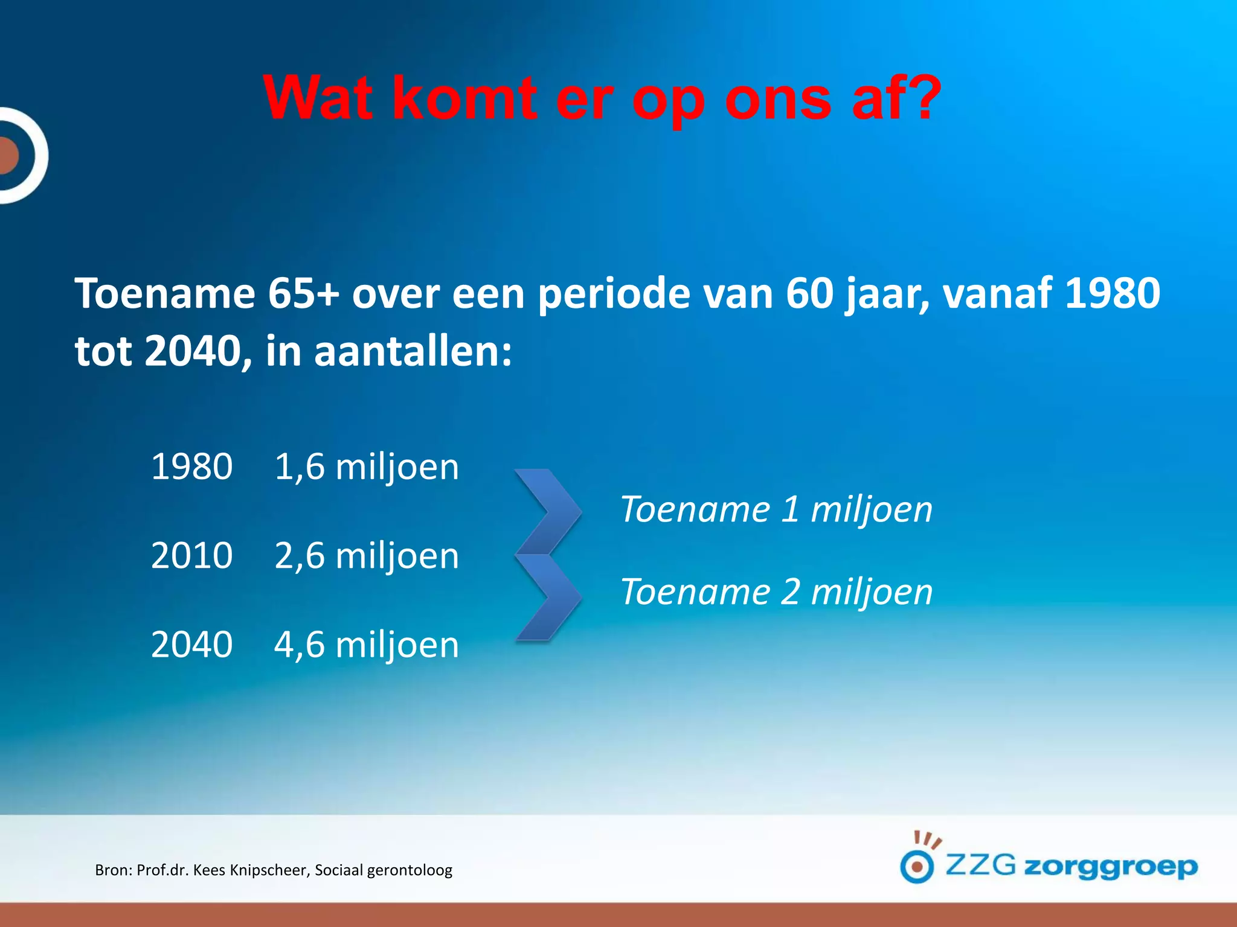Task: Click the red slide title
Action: pyautogui.click(x=602, y=98)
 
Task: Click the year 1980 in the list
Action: pyautogui.click(x=191, y=467)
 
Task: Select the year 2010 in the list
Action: pyautogui.click(x=191, y=555)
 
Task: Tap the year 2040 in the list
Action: pyautogui.click(x=191, y=644)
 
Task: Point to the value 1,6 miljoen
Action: pyautogui.click(x=367, y=467)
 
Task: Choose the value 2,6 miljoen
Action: pyautogui.click(x=367, y=555)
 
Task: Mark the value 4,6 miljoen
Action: pyautogui.click(x=367, y=644)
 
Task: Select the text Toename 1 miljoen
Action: pyautogui.click(x=776, y=509)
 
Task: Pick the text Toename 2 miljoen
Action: pyautogui.click(x=776, y=591)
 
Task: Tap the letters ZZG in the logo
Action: pyautogui.click(x=980, y=865)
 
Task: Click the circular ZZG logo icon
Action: pyautogui.click(x=917, y=867)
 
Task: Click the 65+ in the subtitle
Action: pyautogui.click(x=303, y=293)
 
